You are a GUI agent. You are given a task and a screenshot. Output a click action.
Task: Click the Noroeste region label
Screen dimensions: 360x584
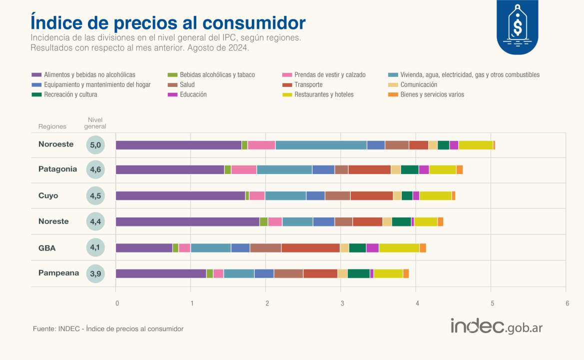(x=56, y=144)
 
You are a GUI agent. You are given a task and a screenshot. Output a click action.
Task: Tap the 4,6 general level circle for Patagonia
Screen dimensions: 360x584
(x=95, y=169)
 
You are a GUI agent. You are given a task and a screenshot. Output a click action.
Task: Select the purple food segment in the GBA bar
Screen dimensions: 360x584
(x=144, y=247)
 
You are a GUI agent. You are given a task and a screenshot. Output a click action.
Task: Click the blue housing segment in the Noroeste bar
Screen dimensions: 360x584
(x=321, y=145)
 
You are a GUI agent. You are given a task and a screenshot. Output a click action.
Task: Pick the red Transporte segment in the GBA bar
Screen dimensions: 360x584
(x=310, y=247)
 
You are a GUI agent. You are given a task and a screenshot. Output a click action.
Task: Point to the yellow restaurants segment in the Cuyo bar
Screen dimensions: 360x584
(x=435, y=195)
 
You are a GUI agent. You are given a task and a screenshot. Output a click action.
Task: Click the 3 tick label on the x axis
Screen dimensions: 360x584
(x=342, y=303)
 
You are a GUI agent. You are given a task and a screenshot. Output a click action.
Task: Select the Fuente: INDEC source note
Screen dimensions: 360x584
(x=108, y=328)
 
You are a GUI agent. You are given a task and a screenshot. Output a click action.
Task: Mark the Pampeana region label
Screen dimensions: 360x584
(x=58, y=273)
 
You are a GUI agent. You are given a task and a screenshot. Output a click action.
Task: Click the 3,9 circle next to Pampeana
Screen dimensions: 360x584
(x=95, y=273)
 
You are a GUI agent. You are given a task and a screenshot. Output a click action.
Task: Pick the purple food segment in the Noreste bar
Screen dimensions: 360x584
(x=187, y=221)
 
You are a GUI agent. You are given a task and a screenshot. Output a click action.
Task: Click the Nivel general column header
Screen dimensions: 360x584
(x=95, y=123)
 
